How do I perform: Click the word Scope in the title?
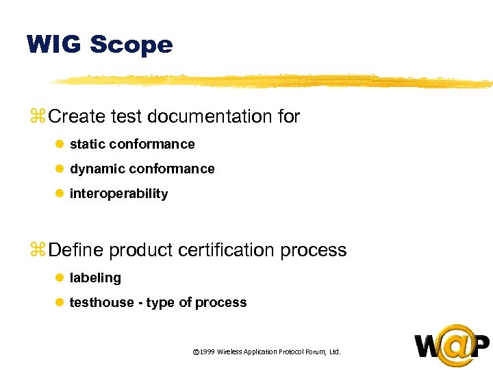pos(131,45)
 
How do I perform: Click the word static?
pos(87,144)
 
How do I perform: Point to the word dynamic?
pos(97,169)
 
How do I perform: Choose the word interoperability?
pos(118,194)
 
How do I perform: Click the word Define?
pos(77,250)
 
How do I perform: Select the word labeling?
pos(95,278)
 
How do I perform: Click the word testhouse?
pos(102,303)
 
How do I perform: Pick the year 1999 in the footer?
pos(207,352)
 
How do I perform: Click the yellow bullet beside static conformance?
pos(59,145)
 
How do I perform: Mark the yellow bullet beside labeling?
pos(59,278)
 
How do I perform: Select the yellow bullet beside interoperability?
pos(59,194)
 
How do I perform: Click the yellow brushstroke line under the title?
pos(274,81)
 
